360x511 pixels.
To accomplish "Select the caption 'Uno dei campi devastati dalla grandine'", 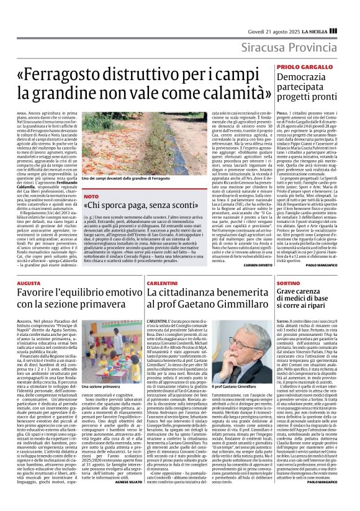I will [x=116, y=178].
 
